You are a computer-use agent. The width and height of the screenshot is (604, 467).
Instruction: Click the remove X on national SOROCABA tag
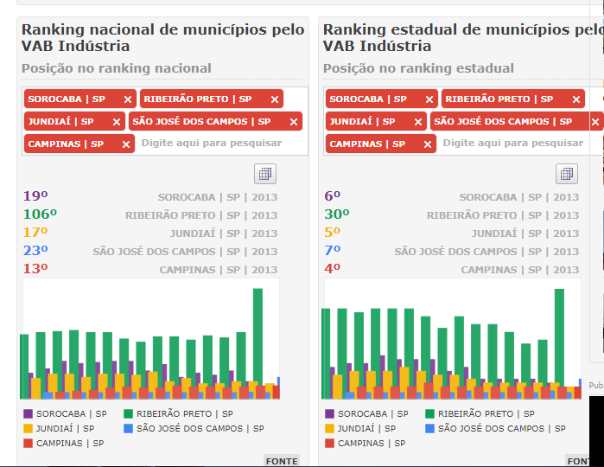[128, 99]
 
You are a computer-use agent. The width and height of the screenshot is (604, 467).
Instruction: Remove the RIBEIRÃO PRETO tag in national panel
[275, 99]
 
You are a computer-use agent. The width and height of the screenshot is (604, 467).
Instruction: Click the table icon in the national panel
[265, 174]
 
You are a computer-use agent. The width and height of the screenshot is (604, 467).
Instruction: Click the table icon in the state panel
[567, 174]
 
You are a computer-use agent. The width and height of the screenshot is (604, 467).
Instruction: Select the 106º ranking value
[40, 214]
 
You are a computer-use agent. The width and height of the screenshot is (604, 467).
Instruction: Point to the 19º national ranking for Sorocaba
[35, 196]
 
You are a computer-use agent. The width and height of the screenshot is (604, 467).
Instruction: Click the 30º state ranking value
[336, 214]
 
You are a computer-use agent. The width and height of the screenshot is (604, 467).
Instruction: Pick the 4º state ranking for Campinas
[333, 269]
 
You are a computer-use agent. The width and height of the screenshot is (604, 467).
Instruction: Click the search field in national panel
[212, 144]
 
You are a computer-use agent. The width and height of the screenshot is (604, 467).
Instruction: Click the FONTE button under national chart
[282, 461]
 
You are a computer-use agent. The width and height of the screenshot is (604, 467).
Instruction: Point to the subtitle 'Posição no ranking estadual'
[418, 68]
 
